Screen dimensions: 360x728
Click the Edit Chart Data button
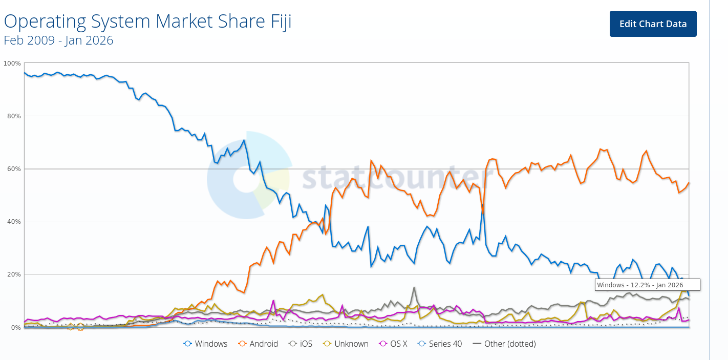pyautogui.click(x=653, y=24)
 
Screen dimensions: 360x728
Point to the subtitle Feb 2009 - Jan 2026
pyautogui.click(x=58, y=40)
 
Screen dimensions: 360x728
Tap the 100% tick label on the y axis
pyautogui.click(x=12, y=63)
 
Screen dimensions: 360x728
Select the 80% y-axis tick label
pyautogui.click(x=13, y=116)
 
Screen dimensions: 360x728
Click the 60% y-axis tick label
pyautogui.click(x=13, y=169)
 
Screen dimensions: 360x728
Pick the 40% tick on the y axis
pyautogui.click(x=13, y=222)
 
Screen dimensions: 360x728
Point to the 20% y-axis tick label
pyautogui.click(x=13, y=274)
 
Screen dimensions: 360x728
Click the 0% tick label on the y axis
pyautogui.click(x=15, y=327)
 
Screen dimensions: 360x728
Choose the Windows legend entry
pyautogui.click(x=205, y=344)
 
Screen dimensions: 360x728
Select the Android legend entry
pyautogui.click(x=258, y=344)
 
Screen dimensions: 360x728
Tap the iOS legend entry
pyautogui.click(x=301, y=344)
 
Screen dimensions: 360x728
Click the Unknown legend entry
pyautogui.click(x=346, y=344)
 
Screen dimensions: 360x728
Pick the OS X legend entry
pyautogui.click(x=393, y=344)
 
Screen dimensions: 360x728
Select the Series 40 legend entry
pyautogui.click(x=440, y=344)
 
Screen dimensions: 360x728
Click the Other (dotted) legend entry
pyautogui.click(x=504, y=344)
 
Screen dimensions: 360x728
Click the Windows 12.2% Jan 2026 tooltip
pyautogui.click(x=648, y=285)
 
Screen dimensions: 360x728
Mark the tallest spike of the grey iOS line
pyautogui.click(x=414, y=288)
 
